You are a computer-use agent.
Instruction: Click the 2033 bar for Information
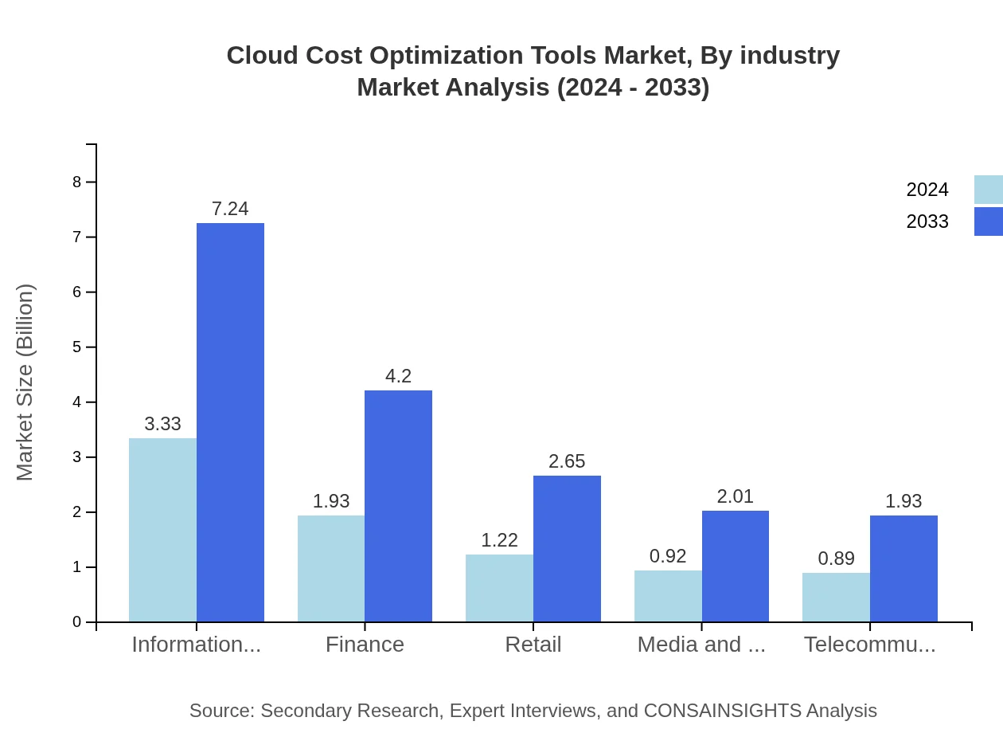tap(230, 422)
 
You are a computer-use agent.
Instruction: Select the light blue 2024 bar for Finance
tap(331, 569)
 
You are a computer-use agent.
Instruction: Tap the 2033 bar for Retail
tap(567, 549)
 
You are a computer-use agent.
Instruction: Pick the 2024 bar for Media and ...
tap(668, 596)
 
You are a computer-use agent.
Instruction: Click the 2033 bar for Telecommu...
tap(903, 569)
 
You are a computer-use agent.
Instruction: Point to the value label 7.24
tap(230, 209)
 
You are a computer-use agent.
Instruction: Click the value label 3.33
tap(163, 424)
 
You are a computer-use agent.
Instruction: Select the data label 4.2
tap(398, 376)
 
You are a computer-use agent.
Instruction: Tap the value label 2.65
tap(567, 461)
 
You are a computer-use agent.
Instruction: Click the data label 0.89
tap(836, 559)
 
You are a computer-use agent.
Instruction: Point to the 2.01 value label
tap(735, 496)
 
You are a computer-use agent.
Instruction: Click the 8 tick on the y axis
tap(77, 182)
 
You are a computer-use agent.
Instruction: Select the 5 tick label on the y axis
tap(77, 347)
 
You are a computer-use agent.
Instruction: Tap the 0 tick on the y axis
tap(77, 621)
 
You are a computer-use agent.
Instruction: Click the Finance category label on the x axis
tap(365, 644)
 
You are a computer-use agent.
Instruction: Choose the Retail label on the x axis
tap(533, 644)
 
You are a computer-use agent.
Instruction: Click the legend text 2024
tap(927, 190)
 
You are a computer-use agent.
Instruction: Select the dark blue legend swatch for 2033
tap(988, 221)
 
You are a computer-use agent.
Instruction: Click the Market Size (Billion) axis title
tap(25, 382)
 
